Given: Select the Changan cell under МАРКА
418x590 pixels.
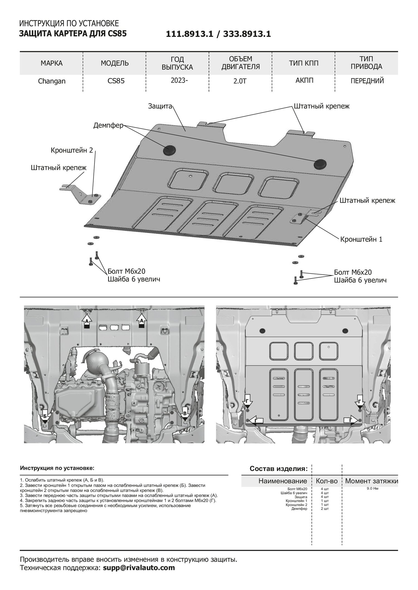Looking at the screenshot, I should (52, 81).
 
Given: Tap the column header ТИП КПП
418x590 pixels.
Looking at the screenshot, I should (303, 63).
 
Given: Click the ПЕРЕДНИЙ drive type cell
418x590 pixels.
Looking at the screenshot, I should (367, 81).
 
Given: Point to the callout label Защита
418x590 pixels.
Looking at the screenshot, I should (160, 106).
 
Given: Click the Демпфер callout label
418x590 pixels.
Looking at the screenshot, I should (108, 125).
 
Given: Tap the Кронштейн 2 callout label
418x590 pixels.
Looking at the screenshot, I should (72, 150).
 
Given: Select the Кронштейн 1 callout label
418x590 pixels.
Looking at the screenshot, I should (361, 239).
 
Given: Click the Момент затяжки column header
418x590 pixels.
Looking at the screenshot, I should (371, 481).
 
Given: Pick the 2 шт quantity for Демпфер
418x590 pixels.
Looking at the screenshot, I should (325, 508).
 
